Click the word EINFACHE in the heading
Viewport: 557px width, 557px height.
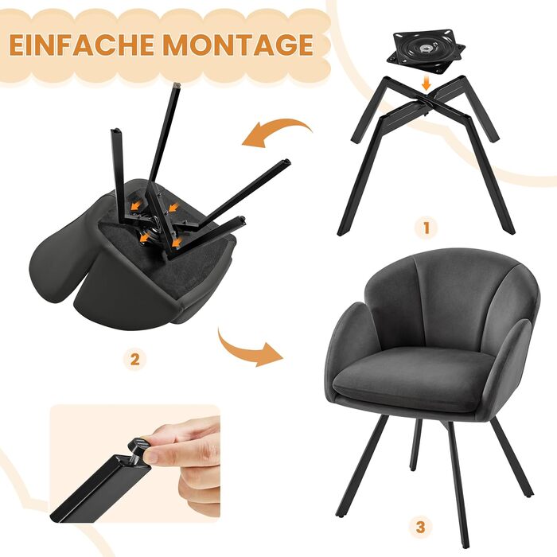coord(83,45)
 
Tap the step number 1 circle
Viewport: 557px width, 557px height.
coord(427,228)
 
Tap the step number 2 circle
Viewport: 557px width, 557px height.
coord(134,360)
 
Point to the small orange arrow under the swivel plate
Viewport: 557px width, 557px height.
coord(427,84)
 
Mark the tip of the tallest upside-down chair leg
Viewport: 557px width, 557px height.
coord(177,85)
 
